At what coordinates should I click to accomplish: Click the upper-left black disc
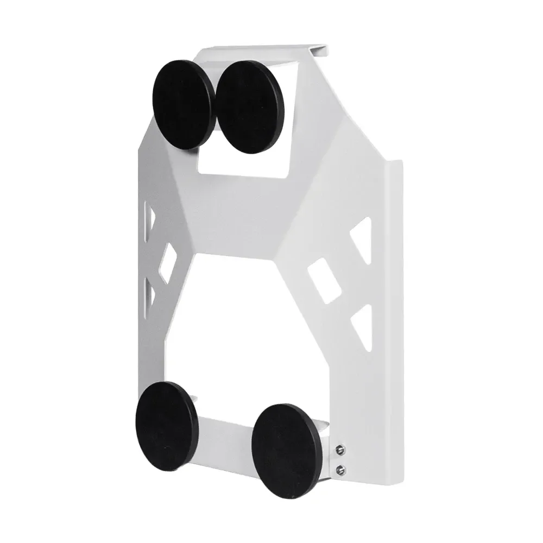[184, 104]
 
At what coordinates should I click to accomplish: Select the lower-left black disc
[167, 425]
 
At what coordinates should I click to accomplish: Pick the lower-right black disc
[286, 449]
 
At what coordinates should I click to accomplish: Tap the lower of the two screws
[340, 469]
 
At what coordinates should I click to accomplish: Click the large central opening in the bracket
[244, 326]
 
